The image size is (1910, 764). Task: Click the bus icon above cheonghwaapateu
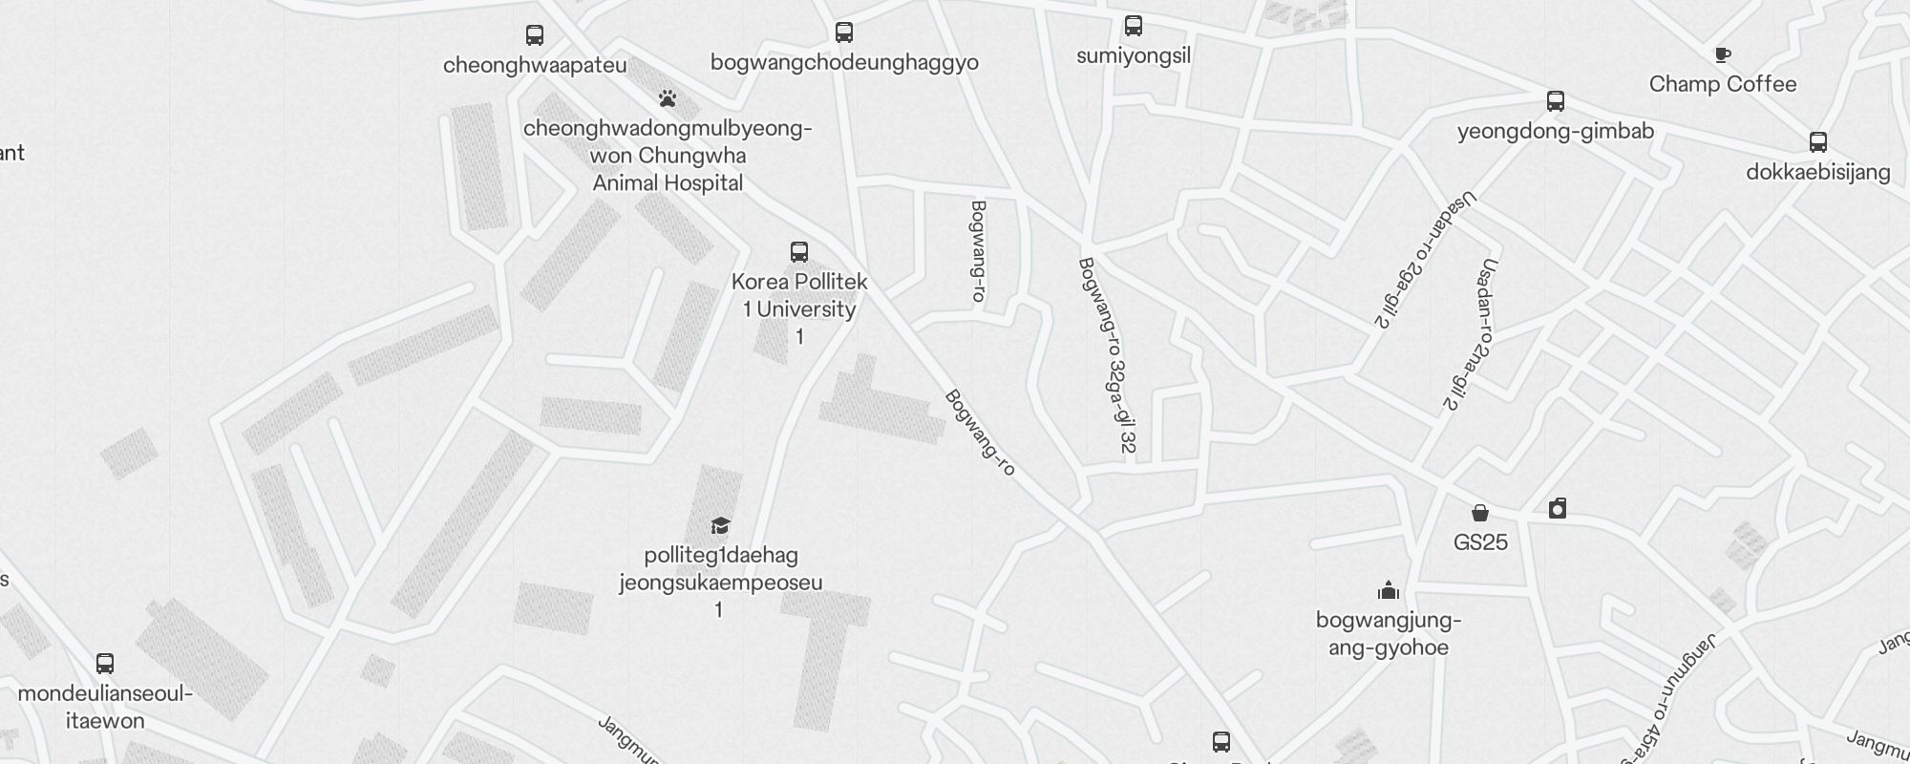(535, 35)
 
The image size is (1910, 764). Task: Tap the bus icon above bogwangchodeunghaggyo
(844, 32)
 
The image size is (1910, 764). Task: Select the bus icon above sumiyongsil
(1134, 26)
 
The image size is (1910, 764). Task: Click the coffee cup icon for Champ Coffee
(1723, 55)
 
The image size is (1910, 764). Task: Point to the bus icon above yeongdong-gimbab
(1556, 101)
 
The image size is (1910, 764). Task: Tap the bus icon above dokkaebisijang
(1818, 142)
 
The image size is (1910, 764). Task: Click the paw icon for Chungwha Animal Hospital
(668, 98)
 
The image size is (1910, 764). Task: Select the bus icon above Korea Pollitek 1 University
(799, 252)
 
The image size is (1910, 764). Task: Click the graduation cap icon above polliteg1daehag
(721, 526)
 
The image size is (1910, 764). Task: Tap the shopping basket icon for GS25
(1480, 514)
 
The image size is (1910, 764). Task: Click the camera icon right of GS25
(1558, 508)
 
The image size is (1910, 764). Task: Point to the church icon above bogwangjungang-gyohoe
(1389, 591)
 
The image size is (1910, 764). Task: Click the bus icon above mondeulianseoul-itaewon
(105, 664)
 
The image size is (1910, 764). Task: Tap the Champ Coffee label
(1723, 84)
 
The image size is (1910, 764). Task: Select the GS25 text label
(1480, 542)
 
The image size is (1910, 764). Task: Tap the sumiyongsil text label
(1134, 55)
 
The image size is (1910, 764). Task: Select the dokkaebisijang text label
(1818, 172)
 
